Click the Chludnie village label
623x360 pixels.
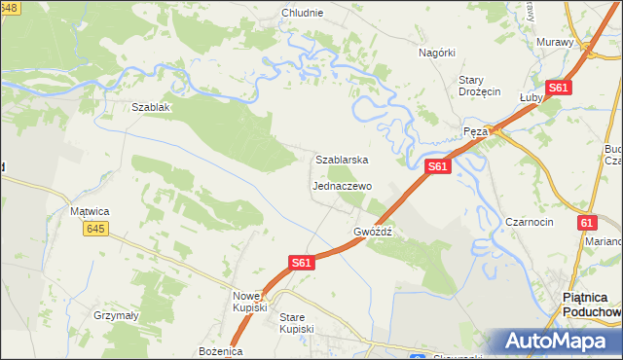click(x=302, y=14)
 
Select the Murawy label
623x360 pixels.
click(x=556, y=42)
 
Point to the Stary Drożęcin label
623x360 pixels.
click(x=479, y=86)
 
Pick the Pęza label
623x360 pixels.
click(x=474, y=130)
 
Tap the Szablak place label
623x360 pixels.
click(x=151, y=107)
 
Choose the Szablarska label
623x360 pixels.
click(x=341, y=159)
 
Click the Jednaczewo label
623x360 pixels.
click(x=342, y=185)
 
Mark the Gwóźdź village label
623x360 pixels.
click(x=373, y=233)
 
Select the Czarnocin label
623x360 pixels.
click(x=530, y=222)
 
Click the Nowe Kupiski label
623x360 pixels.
click(x=250, y=301)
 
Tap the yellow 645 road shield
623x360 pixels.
click(x=94, y=229)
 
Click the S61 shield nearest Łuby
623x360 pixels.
click(x=558, y=88)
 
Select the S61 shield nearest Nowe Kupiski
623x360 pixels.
click(x=302, y=263)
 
